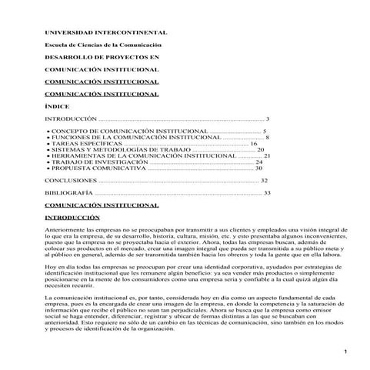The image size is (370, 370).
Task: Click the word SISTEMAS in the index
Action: pyautogui.click(x=70, y=149)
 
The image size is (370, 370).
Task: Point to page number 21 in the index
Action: pyautogui.click(x=267, y=155)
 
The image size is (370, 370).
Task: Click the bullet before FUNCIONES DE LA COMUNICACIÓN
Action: pyautogui.click(x=49, y=138)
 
